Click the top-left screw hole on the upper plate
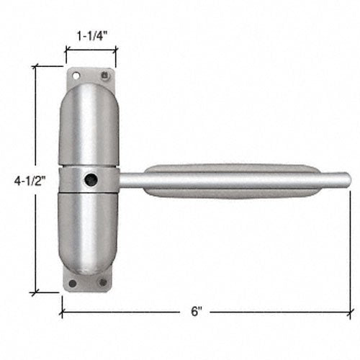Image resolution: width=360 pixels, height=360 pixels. coord(75,73)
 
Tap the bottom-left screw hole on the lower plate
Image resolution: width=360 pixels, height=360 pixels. coord(72,282)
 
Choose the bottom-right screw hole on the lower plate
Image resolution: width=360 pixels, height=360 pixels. coord(102,282)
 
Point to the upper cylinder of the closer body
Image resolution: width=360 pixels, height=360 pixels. coord(89,126)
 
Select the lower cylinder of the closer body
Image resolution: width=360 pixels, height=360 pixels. coord(89,230)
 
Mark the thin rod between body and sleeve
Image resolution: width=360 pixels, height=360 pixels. coord(131,180)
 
